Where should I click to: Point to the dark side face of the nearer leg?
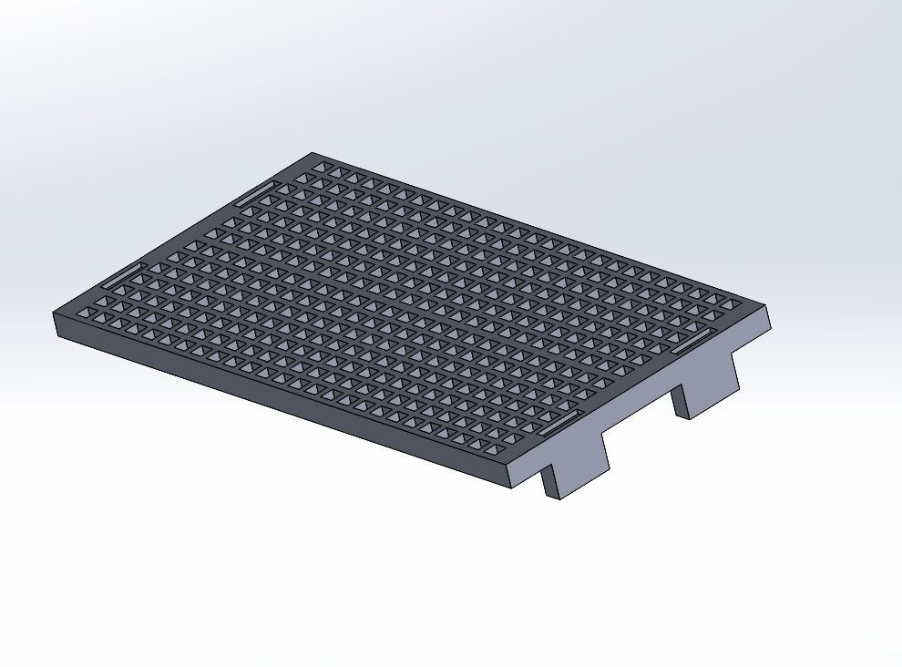pos(549,483)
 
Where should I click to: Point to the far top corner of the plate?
pos(313,153)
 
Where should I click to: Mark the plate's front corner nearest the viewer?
pos(509,469)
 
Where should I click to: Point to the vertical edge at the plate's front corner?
pos(510,478)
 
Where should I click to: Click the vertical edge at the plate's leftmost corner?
pos(56,324)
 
